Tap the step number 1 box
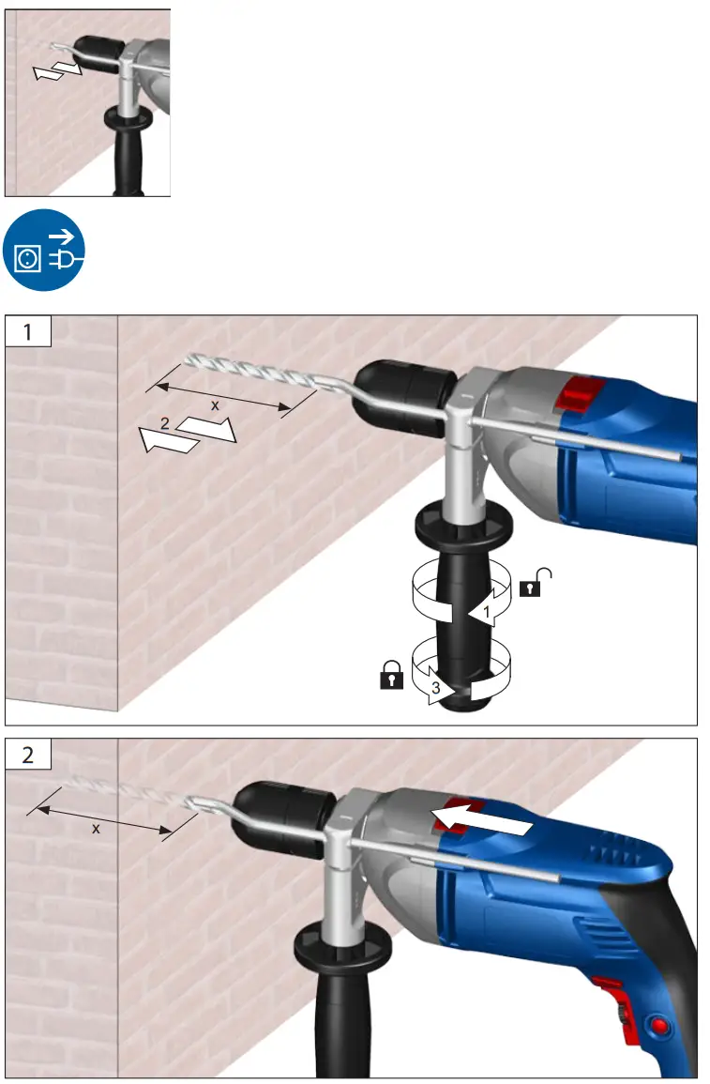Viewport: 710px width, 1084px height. click(28, 332)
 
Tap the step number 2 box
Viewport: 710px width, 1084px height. click(28, 756)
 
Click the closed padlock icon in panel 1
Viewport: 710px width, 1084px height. click(390, 676)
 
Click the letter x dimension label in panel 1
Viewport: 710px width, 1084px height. click(215, 405)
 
